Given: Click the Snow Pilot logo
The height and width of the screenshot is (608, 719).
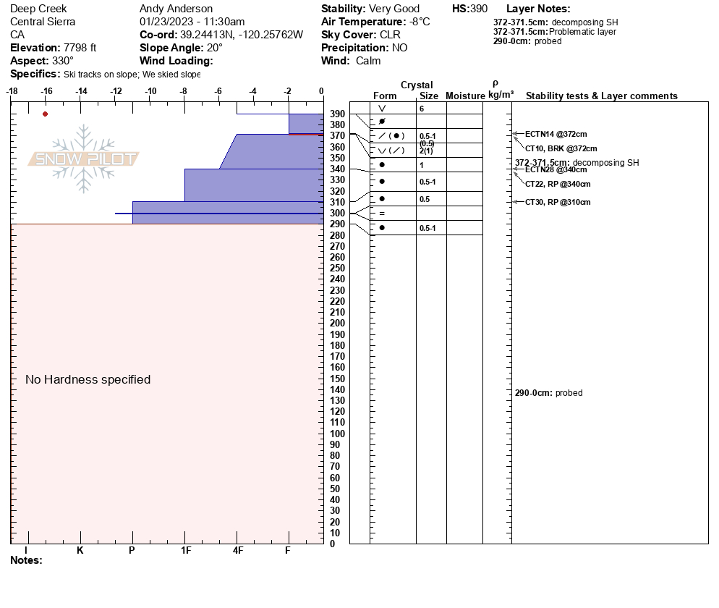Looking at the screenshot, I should (84, 159).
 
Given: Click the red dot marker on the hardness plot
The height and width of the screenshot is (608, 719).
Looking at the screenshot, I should (46, 114).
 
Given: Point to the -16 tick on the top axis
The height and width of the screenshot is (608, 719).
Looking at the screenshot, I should (46, 91).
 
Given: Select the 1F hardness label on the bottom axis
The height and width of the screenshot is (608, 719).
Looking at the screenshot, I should (185, 550).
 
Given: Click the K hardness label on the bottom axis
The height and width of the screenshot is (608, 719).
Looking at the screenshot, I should (80, 550).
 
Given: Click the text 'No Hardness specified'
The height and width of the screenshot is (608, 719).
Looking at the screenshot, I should (88, 379).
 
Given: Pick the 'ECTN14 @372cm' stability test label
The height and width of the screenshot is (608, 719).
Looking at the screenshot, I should (556, 134).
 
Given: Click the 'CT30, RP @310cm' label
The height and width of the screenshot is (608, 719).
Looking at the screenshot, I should (558, 202).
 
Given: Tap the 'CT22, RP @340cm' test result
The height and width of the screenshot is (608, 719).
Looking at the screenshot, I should (558, 184).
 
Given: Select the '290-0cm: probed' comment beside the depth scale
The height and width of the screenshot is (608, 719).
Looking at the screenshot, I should (548, 393).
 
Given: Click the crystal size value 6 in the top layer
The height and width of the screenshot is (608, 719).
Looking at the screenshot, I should (422, 108).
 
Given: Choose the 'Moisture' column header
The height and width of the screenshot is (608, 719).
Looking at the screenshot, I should (465, 96).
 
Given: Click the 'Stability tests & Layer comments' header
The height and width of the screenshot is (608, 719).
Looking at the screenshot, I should (601, 96).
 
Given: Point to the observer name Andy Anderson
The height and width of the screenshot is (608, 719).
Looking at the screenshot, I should (176, 9).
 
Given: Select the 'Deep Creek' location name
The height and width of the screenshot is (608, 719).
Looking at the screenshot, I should (38, 9).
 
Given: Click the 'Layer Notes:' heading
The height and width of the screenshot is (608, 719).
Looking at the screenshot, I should (538, 9).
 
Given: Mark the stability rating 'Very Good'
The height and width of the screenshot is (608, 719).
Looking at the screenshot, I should (394, 9).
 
